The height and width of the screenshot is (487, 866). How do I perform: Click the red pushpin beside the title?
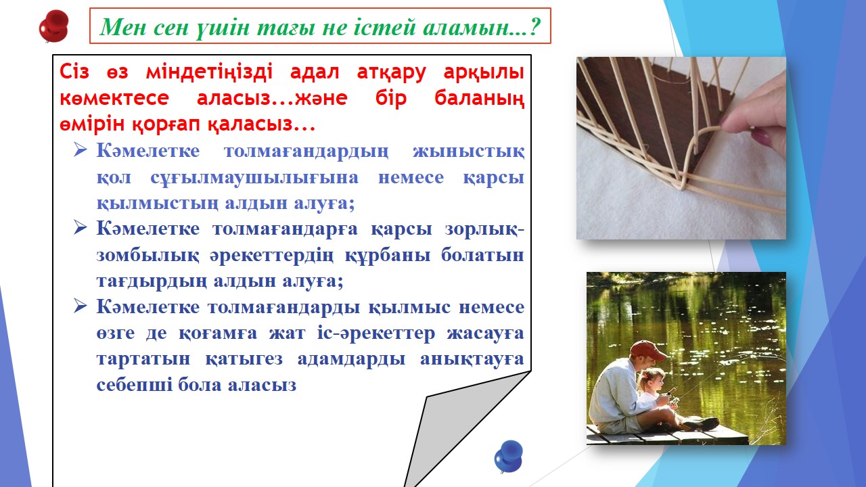(54, 26)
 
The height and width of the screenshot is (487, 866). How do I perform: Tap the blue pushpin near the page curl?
(508, 457)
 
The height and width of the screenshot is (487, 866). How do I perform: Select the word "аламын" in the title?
(465, 27)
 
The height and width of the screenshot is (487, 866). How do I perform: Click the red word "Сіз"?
(74, 72)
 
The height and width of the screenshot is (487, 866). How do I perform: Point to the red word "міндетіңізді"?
(209, 72)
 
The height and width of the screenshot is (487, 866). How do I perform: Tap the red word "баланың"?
(480, 99)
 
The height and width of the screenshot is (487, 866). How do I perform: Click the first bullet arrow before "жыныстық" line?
(81, 149)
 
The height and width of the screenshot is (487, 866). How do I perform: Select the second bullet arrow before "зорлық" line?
(81, 227)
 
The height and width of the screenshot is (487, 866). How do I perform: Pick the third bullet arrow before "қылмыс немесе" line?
(81, 306)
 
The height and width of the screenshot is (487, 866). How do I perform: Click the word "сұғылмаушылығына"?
(254, 178)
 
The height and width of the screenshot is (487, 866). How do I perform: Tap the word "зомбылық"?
(147, 256)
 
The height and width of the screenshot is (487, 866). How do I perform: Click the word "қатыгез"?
(244, 359)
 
